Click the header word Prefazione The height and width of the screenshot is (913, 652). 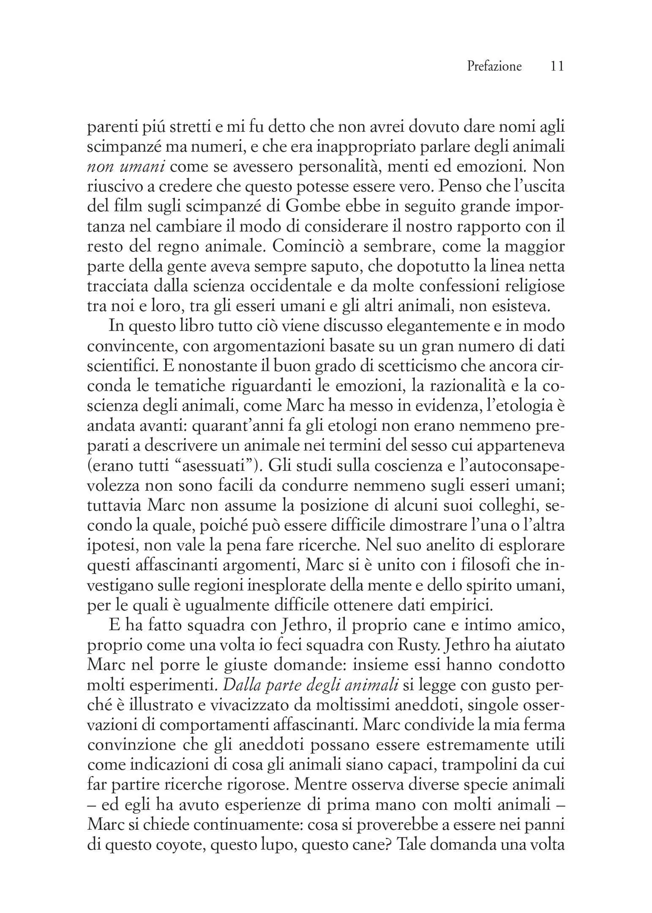(x=494, y=66)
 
